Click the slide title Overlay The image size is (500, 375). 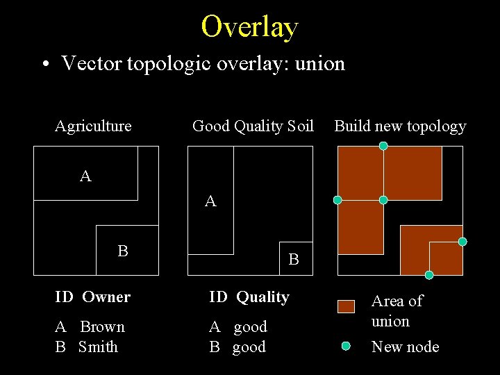tap(249, 27)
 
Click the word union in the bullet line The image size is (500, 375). tap(320, 64)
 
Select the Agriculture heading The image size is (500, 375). tap(93, 126)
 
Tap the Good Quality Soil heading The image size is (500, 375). tap(253, 126)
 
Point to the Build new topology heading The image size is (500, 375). tap(400, 126)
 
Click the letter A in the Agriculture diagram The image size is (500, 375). tap(85, 176)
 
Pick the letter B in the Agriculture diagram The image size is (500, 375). tap(123, 251)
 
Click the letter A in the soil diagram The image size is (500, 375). tap(210, 201)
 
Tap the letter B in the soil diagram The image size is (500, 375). tap(294, 260)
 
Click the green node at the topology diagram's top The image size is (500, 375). tap(383, 146)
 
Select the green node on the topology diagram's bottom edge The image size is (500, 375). tap(429, 275)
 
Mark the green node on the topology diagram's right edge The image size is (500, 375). tap(462, 242)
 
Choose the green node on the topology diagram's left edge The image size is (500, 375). tap(337, 200)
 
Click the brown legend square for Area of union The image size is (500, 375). tap(346, 306)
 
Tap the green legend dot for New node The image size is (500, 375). tap(346, 345)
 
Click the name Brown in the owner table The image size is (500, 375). tap(102, 326)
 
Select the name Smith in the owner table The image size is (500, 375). tap(98, 347)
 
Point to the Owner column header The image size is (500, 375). tap(106, 297)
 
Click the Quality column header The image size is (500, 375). tap(262, 297)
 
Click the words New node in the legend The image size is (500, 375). tap(405, 347)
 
